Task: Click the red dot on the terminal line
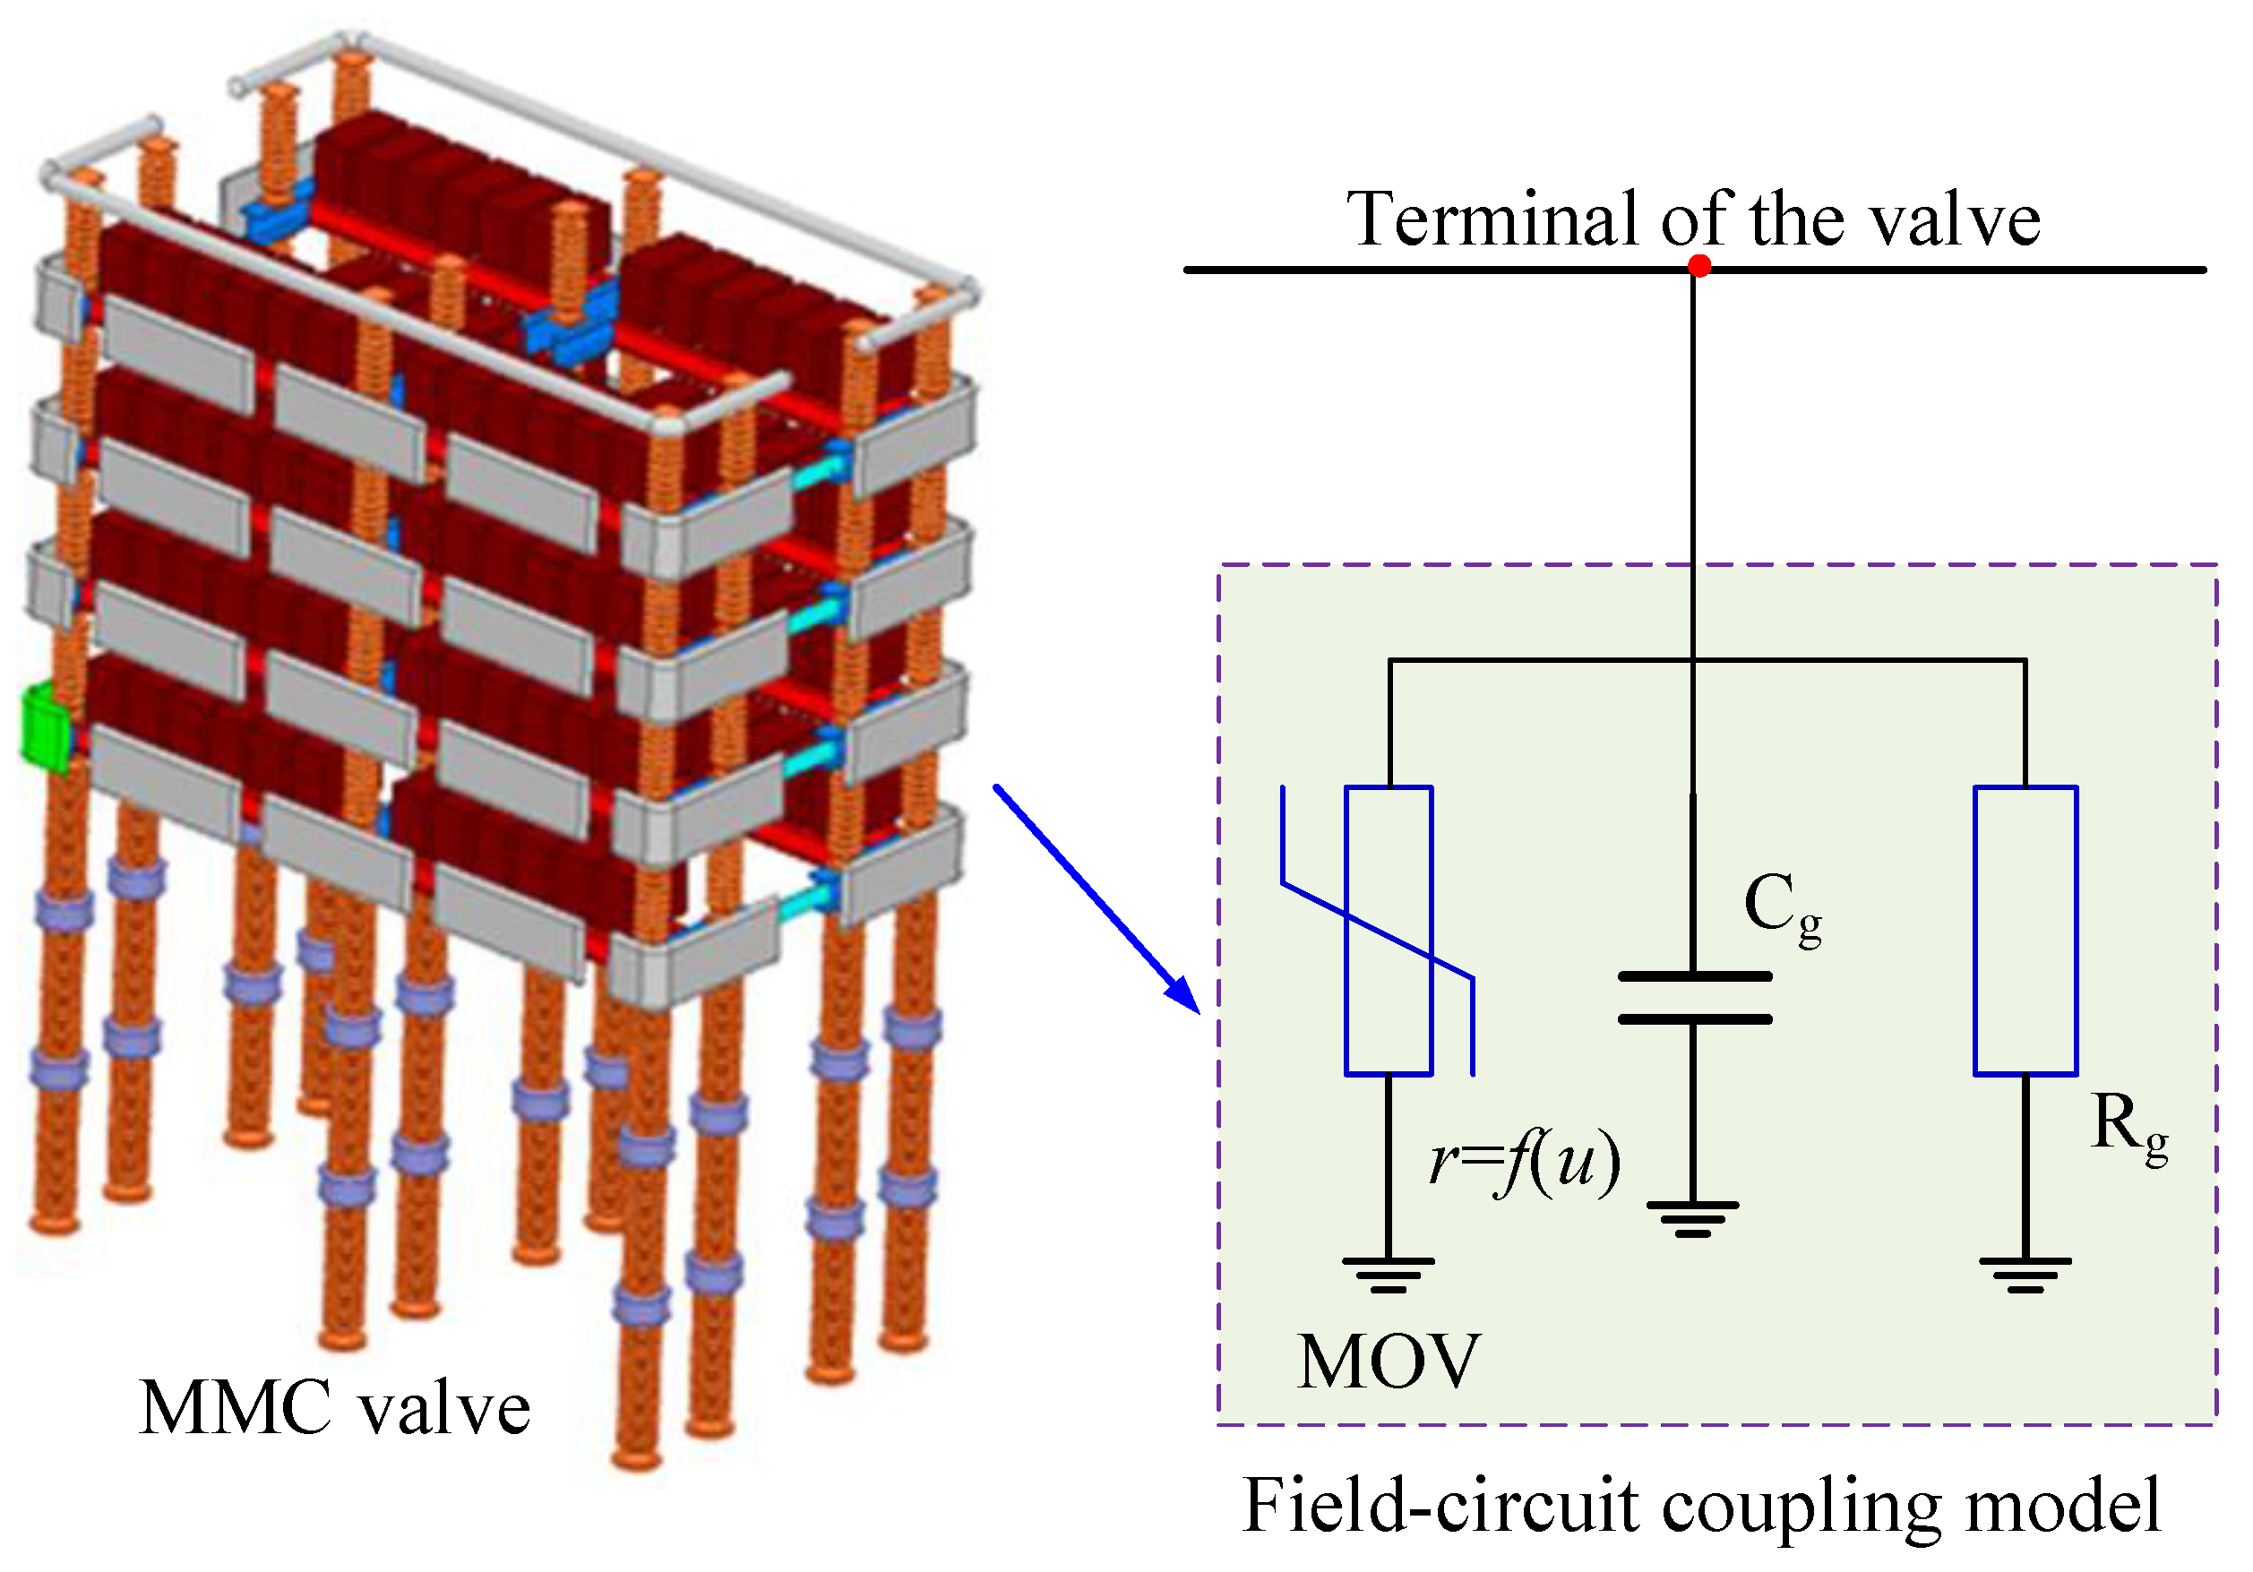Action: tap(1699, 266)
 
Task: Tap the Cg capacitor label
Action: tap(1782, 907)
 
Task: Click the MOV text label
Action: tap(1389, 1362)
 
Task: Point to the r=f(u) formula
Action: tap(1524, 1162)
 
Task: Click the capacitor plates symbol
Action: tap(1694, 998)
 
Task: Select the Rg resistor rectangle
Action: tap(2025, 931)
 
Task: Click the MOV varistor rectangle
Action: tap(1389, 931)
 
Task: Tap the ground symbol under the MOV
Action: tap(1389, 1275)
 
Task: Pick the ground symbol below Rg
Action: tap(2025, 1275)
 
